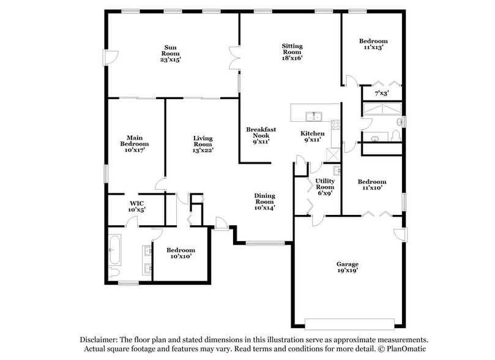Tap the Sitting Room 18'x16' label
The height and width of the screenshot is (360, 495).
pos(292,52)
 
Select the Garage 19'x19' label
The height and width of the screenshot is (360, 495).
pos(347,267)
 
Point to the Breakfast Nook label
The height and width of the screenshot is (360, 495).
pos(261,135)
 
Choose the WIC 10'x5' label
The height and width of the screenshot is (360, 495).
pos(136,206)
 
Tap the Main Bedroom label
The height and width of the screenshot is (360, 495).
pos(135,143)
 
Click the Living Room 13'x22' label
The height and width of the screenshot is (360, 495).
pos(203,144)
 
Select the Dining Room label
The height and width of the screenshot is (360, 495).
pos(264,201)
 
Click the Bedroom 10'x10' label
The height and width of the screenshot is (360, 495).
pos(181,253)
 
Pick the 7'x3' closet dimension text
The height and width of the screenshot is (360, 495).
pos(382,94)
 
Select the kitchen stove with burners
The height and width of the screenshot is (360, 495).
pos(335,126)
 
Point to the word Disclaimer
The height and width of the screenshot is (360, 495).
pos(97,339)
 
